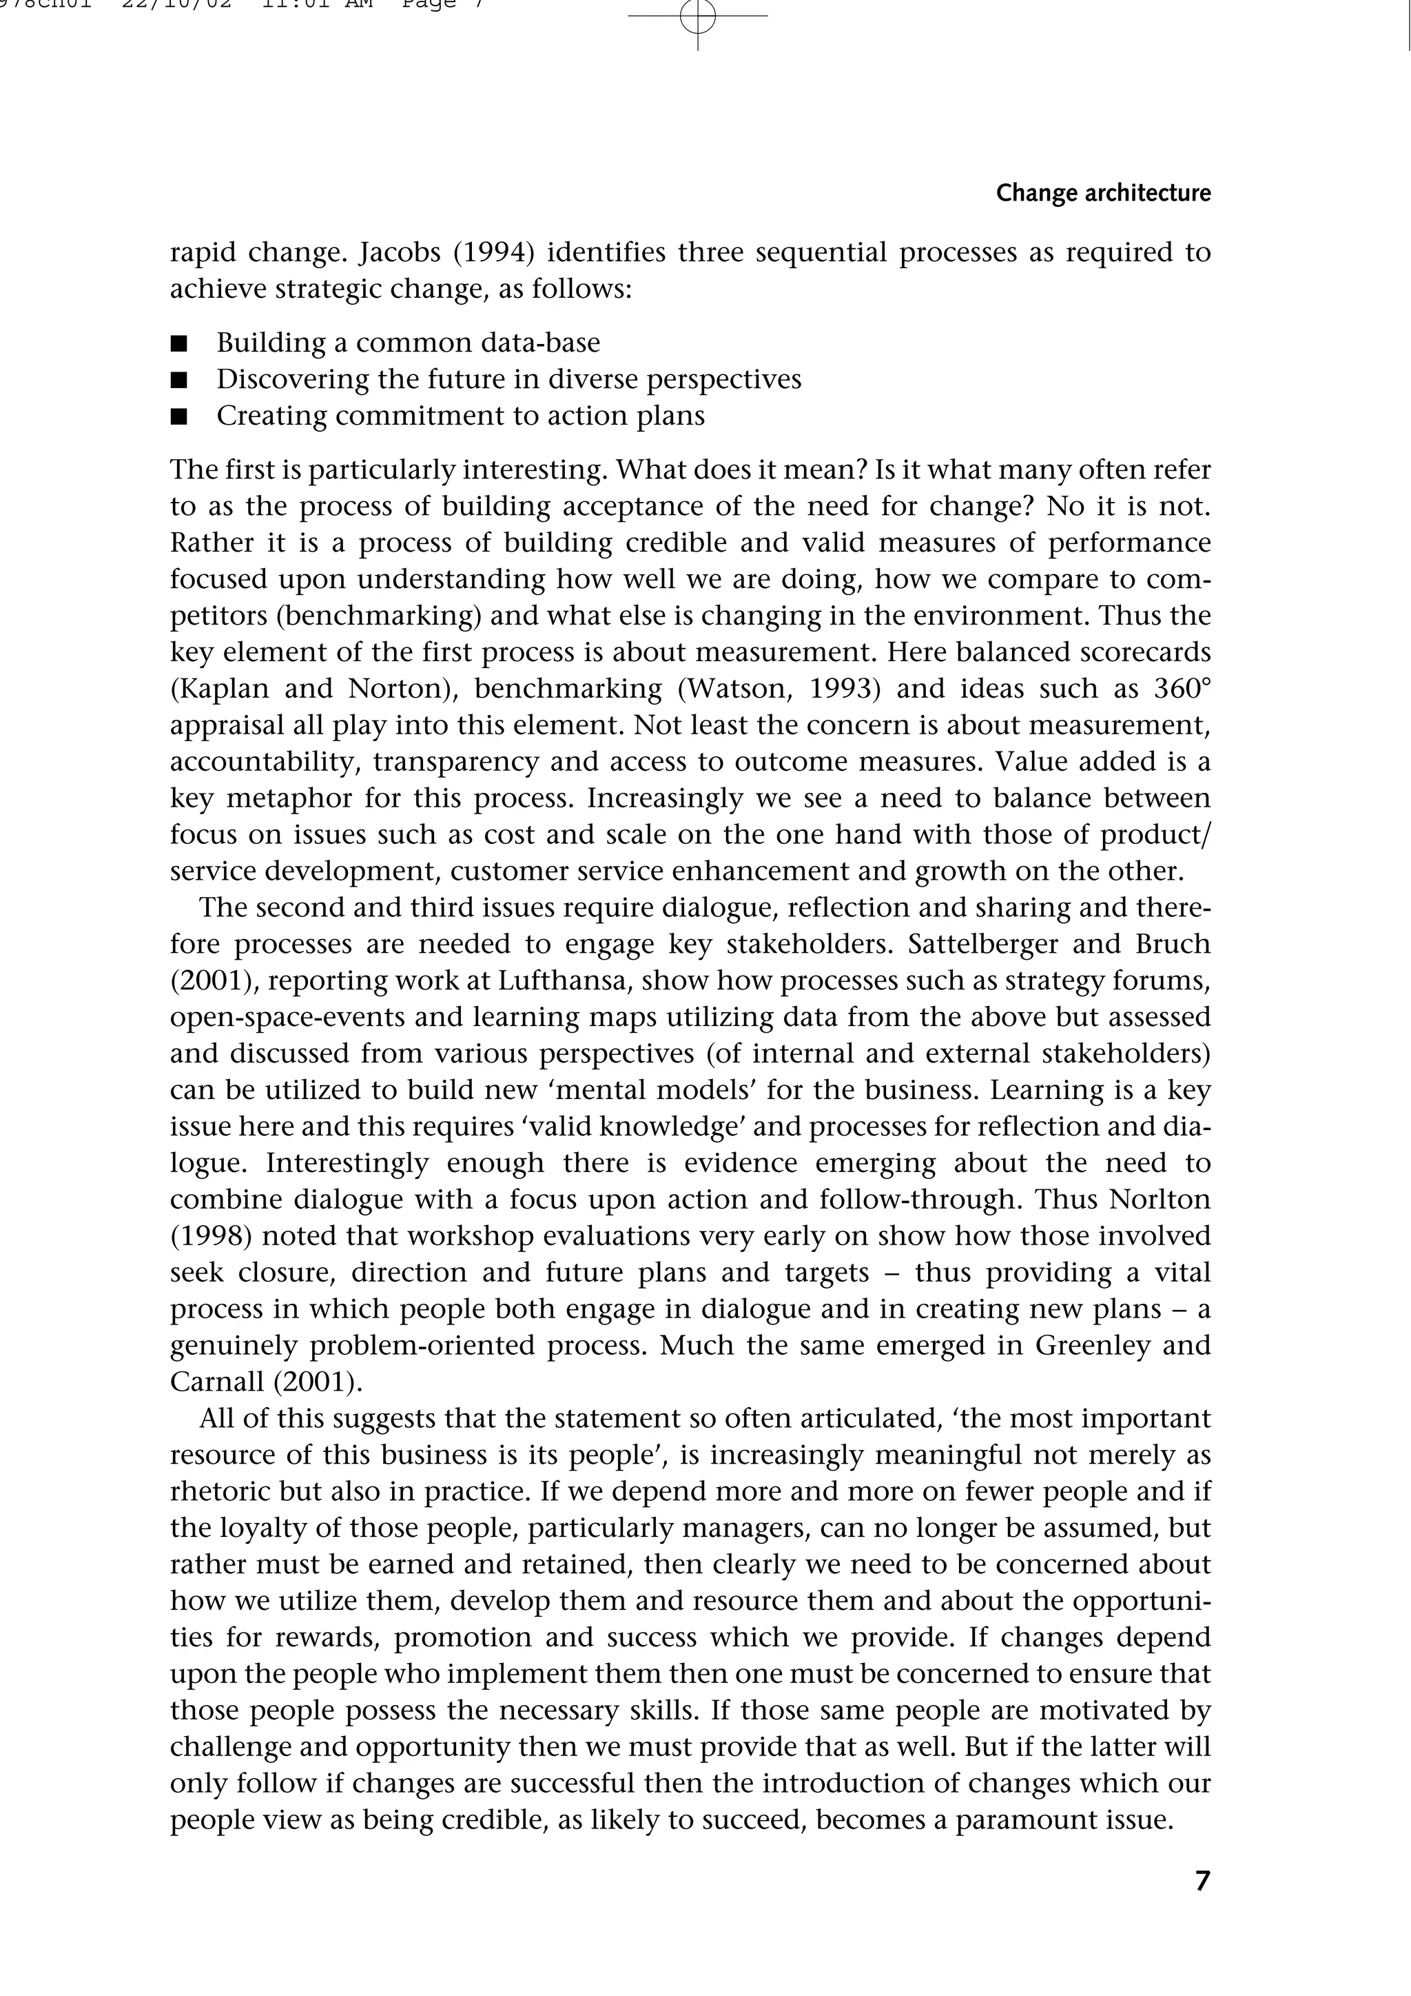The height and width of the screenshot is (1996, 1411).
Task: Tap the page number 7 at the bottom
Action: tap(1202, 1880)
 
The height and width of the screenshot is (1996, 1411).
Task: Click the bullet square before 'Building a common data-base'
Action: tap(179, 344)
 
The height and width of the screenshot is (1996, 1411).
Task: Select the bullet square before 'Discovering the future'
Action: tap(179, 381)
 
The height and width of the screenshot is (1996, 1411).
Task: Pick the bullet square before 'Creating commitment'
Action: tap(179, 417)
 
